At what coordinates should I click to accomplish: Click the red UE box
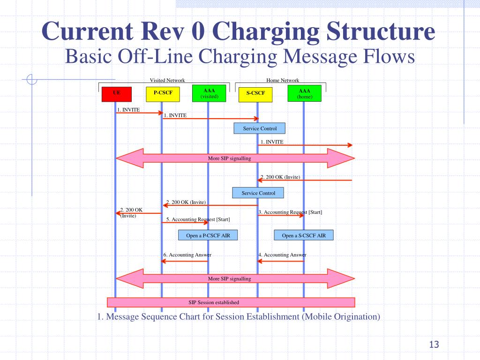point(117,94)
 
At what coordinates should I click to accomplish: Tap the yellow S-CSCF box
point(255,94)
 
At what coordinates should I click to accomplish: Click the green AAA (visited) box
point(209,94)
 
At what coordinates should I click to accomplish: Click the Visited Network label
point(167,80)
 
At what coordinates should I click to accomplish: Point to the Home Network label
point(283,80)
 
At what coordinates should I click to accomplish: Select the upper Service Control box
point(260,128)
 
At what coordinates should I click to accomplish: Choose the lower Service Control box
point(258,193)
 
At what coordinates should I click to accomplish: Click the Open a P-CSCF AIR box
point(208,235)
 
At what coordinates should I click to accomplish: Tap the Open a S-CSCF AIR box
point(304,235)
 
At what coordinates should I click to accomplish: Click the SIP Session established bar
point(231,302)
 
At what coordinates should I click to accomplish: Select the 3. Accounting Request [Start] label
point(290,212)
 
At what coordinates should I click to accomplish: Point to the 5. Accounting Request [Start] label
point(198,219)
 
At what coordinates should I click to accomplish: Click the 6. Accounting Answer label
point(187,255)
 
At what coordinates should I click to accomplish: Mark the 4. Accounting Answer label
point(282,255)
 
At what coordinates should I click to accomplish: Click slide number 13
point(434,345)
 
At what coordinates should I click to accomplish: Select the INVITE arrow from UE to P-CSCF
point(139,113)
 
